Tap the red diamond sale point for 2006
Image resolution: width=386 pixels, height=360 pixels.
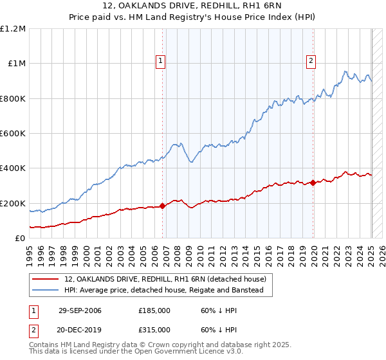point(163,206)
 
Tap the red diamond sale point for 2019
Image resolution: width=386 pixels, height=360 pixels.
point(313,183)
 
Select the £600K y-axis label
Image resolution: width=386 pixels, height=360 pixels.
point(14,134)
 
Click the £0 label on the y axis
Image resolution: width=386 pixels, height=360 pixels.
point(20,239)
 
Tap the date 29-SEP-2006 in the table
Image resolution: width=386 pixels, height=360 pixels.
point(80,310)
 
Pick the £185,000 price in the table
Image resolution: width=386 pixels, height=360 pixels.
point(154,310)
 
